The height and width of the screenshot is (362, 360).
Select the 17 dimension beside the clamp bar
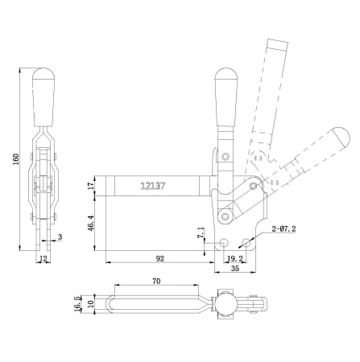[x=91, y=185]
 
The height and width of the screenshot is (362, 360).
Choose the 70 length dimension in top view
[x=156, y=282]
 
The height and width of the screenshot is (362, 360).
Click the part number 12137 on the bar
[x=153, y=186]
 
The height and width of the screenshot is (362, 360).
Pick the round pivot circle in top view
[x=225, y=305]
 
